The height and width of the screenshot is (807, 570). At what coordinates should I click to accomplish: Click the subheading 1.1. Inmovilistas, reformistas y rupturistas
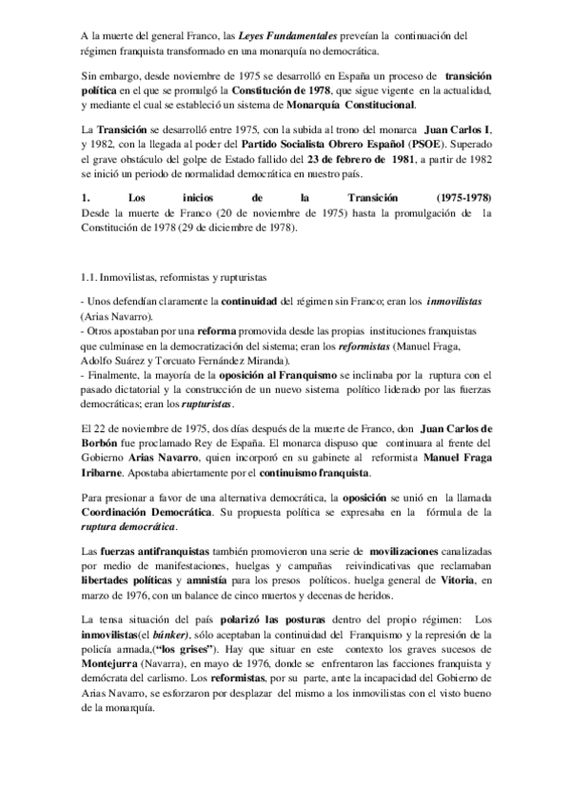coord(173,276)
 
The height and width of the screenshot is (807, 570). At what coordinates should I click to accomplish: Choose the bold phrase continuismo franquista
coord(312,473)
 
